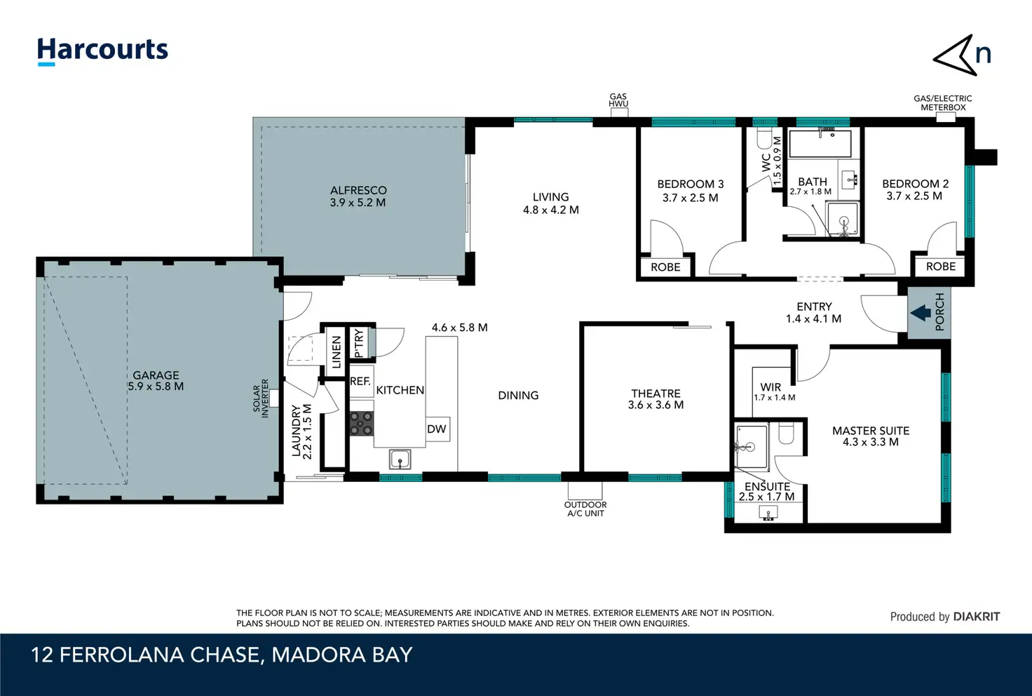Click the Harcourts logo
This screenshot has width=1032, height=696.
(102, 51)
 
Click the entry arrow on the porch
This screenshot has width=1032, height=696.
(921, 313)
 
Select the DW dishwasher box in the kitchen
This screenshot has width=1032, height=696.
(437, 429)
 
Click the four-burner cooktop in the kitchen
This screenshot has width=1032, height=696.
(361, 424)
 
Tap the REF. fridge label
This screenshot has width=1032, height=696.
(360, 381)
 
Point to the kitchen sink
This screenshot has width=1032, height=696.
(400, 460)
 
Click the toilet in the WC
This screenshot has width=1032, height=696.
(764, 138)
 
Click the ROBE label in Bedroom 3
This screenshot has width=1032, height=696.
(666, 267)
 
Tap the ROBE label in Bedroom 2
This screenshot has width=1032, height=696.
(941, 267)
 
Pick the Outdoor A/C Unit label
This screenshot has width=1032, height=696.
(585, 509)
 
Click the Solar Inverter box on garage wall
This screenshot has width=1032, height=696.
(273, 399)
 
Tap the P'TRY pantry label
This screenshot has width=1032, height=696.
(360, 343)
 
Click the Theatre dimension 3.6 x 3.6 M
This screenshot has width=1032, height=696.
(656, 405)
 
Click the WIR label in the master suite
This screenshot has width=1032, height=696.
(770, 387)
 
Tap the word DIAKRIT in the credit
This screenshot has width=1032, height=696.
(977, 617)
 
